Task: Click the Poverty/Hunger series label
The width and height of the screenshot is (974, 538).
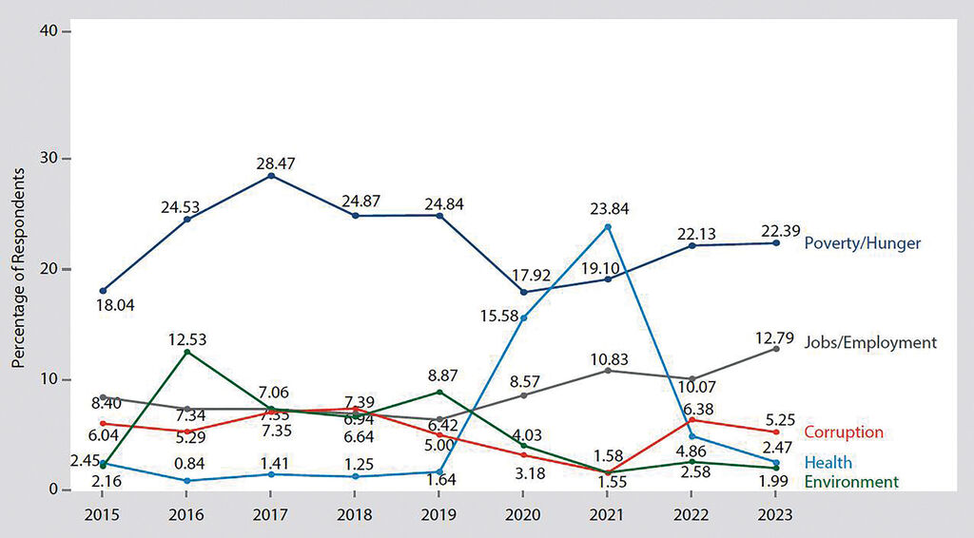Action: coord(862,243)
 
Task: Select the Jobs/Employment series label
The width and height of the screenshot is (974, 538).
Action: coord(870,343)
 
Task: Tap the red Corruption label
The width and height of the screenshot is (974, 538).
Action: coord(844,432)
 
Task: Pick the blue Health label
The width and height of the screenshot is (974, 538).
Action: coord(828,463)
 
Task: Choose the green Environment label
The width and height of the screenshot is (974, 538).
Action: coord(850,482)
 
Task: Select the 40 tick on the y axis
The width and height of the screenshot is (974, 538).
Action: coord(48,31)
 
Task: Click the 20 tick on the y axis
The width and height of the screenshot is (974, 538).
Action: coord(48,269)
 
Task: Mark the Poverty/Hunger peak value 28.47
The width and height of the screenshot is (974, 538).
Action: coord(274,163)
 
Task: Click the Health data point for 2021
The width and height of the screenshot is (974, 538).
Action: coord(608,227)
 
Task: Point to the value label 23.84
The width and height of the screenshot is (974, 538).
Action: coord(609,209)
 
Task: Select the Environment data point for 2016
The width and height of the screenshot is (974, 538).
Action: coord(186,352)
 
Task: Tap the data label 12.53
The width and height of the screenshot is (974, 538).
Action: coord(187,339)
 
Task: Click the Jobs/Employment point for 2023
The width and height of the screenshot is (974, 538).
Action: coord(776,349)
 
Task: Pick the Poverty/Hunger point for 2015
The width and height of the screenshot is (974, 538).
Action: coord(103,291)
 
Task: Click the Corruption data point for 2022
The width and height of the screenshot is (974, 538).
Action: coord(692,420)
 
